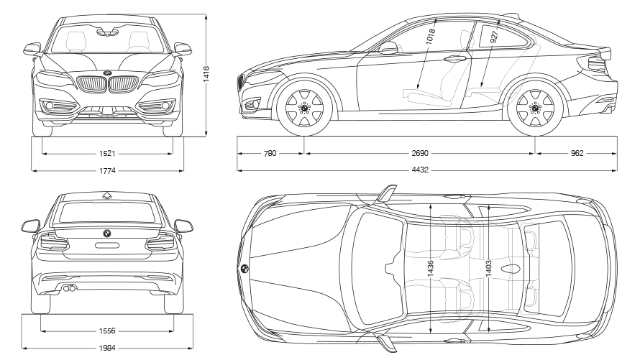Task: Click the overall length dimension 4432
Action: tap(420, 170)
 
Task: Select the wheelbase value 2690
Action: tap(420, 153)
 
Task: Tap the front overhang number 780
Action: tap(270, 153)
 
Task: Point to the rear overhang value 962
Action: tap(577, 153)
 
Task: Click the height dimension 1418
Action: tap(206, 74)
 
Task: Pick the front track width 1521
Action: tap(107, 154)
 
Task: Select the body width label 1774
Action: tap(107, 171)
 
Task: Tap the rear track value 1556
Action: tap(107, 331)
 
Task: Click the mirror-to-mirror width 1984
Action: tap(107, 349)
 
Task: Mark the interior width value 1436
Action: tap(431, 269)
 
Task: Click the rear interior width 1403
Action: tap(488, 269)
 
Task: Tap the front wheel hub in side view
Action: tap(304, 108)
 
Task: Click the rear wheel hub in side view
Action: tap(535, 108)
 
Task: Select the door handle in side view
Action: tap(455, 59)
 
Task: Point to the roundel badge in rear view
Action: tap(107, 234)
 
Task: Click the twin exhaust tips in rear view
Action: tap(68, 289)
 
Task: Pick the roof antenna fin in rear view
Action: tap(107, 195)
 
